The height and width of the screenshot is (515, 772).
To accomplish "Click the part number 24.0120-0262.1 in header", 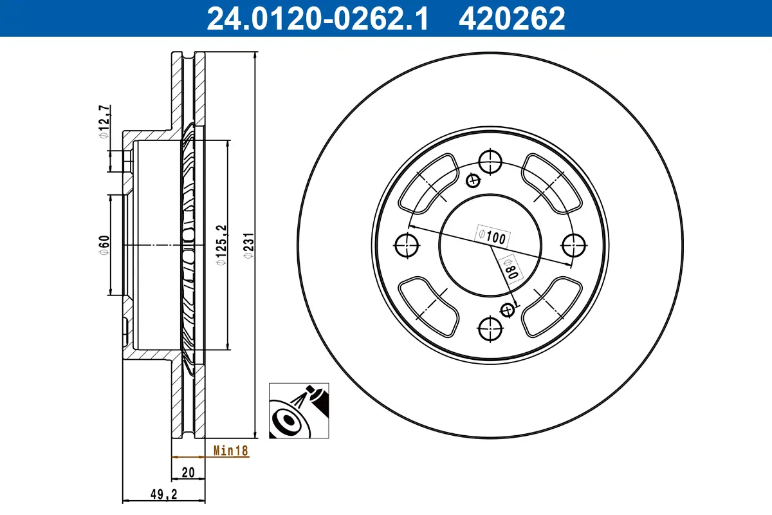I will click(x=317, y=18).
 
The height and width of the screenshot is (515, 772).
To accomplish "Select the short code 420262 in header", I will click(x=511, y=18).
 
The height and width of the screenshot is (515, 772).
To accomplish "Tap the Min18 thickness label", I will click(x=230, y=451).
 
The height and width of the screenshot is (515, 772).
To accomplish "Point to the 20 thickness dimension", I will click(x=188, y=472).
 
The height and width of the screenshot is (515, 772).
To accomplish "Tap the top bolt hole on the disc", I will click(x=490, y=161).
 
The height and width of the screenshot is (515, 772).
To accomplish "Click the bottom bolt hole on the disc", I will click(x=490, y=330).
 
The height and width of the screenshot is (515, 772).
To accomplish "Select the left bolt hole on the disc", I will click(x=406, y=245).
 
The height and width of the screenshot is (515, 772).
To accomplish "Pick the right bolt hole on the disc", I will click(x=574, y=245).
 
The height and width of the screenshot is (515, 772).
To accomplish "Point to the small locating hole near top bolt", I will click(x=473, y=180).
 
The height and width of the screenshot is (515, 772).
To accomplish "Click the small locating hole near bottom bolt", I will click(x=508, y=310).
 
